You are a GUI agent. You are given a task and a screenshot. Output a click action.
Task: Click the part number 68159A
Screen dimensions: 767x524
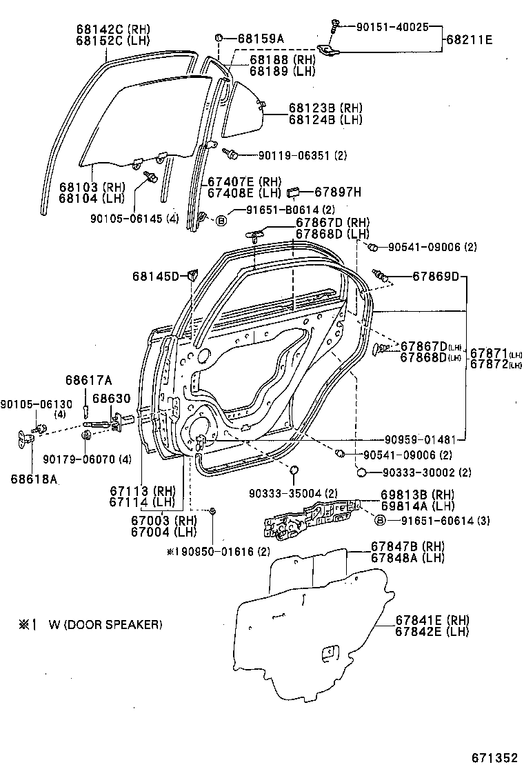(x=260, y=39)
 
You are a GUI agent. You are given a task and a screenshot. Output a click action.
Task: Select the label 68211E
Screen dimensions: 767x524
(x=470, y=40)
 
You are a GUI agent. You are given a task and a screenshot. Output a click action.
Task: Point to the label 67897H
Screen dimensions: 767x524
(x=338, y=192)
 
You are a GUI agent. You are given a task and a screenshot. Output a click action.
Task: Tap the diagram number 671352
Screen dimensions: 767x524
(x=494, y=757)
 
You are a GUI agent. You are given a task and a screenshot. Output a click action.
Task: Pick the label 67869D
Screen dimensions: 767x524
(x=436, y=277)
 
